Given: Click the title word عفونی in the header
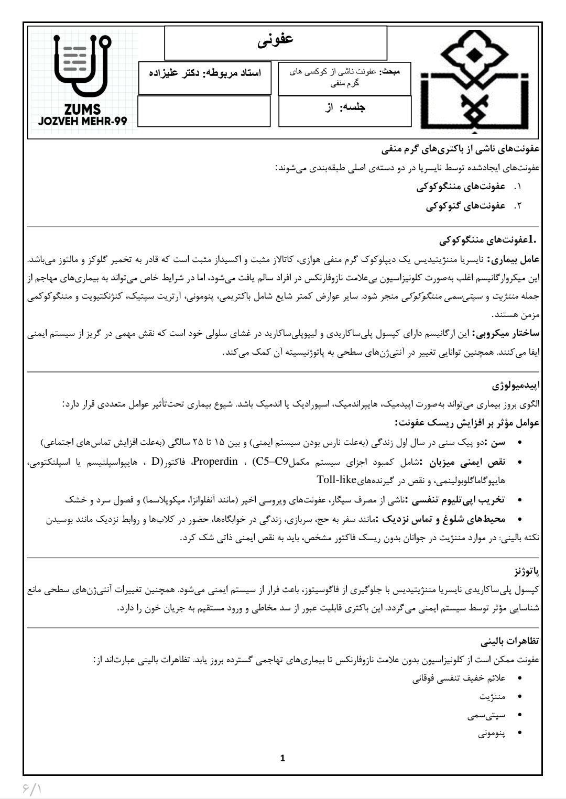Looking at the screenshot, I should [276, 41].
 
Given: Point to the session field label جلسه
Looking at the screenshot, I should [353, 107].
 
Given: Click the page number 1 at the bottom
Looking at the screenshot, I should [283, 758].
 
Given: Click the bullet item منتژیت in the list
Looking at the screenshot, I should [492, 697].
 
